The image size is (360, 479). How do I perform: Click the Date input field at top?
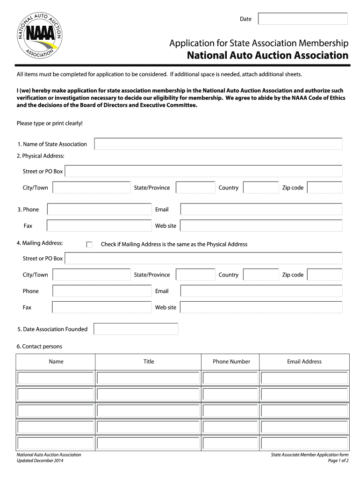[302, 19]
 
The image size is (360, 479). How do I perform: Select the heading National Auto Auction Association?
[267, 56]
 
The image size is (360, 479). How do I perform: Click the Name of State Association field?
[218, 144]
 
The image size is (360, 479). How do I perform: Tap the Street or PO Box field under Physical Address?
[203, 171]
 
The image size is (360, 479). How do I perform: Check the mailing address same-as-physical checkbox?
[90, 244]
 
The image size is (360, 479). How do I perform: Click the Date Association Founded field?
[136, 329]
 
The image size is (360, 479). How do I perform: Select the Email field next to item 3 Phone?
[261, 210]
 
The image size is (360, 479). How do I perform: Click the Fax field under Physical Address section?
[99, 226]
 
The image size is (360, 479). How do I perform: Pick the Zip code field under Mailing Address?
[324, 275]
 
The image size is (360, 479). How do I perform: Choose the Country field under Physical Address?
[261, 188]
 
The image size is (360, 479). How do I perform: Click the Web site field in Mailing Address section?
[261, 307]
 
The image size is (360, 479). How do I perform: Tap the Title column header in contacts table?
[149, 362]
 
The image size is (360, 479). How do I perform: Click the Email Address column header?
[304, 362]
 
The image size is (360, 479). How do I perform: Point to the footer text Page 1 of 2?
[338, 461]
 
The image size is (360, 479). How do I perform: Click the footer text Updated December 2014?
[40, 461]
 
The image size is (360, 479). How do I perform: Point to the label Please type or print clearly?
[50, 123]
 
